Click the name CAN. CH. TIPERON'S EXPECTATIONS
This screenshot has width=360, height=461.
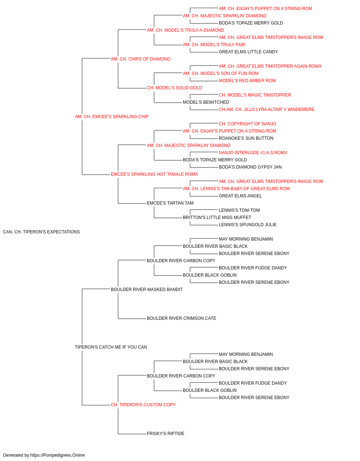[x=41, y=232]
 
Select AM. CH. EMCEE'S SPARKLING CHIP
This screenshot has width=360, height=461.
[x=112, y=117]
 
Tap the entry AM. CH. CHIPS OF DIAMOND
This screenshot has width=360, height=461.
[x=140, y=59]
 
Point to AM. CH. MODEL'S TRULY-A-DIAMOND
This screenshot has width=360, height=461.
[x=185, y=30]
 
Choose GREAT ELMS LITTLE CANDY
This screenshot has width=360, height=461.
[x=248, y=52]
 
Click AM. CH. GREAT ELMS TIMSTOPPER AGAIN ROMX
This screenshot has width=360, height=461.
[x=270, y=66]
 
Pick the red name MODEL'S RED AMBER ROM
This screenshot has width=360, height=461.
[x=247, y=81]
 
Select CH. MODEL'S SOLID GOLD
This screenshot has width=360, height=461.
[x=175, y=88]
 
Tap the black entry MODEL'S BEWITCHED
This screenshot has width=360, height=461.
[x=206, y=102]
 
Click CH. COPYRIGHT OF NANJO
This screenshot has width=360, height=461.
[x=247, y=124]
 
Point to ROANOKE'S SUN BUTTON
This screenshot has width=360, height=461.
[x=246, y=138]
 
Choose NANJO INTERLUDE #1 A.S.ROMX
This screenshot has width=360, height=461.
[x=253, y=153]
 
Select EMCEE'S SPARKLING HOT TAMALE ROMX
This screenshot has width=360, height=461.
[x=154, y=174]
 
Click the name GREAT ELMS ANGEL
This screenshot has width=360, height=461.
[x=240, y=196]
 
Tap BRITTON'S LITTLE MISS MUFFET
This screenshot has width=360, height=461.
[x=217, y=218]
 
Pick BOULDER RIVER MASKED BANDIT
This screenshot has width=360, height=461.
[x=147, y=290]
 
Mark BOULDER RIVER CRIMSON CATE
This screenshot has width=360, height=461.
[x=181, y=318]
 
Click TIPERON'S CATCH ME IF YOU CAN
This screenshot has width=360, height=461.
[x=111, y=347]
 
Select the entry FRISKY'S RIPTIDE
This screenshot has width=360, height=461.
[x=166, y=434]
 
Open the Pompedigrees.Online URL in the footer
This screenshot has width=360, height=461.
[x=58, y=455]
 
